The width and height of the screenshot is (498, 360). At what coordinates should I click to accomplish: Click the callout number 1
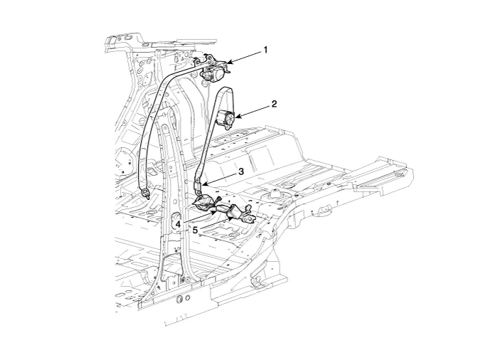pyautogui.click(x=265, y=50)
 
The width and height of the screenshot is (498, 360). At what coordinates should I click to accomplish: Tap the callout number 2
pyautogui.click(x=274, y=103)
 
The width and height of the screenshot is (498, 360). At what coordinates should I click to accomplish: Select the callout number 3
pyautogui.click(x=241, y=171)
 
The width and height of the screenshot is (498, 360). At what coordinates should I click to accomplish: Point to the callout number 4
pyautogui.click(x=178, y=223)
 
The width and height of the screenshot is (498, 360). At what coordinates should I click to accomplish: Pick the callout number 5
pyautogui.click(x=195, y=230)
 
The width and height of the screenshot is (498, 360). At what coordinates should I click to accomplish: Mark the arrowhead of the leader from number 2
pyautogui.click(x=235, y=116)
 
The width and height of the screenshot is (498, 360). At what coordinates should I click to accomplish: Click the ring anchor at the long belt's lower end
pyautogui.click(x=145, y=191)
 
